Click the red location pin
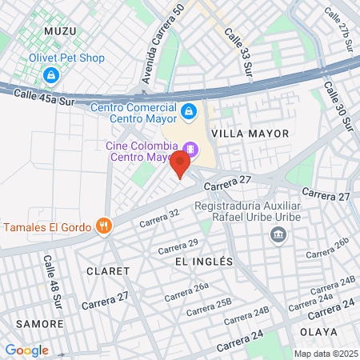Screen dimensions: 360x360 click(x=180, y=164)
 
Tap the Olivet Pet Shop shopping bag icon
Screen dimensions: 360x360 click(x=51, y=74)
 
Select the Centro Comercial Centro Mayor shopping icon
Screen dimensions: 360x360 click(x=189, y=111)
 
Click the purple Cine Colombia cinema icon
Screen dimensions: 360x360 click(x=190, y=148)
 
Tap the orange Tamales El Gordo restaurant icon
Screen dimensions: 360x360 click(x=103, y=226)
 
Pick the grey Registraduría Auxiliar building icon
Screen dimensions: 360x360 click(x=278, y=234)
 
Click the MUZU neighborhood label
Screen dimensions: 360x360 click(x=61, y=31)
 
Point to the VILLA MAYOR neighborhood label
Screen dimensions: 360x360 click(x=249, y=134)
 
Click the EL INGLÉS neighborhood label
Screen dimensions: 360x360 click(x=203, y=262)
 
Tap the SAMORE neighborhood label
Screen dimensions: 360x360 click(x=39, y=323)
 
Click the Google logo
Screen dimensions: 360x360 click(x=26, y=350)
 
